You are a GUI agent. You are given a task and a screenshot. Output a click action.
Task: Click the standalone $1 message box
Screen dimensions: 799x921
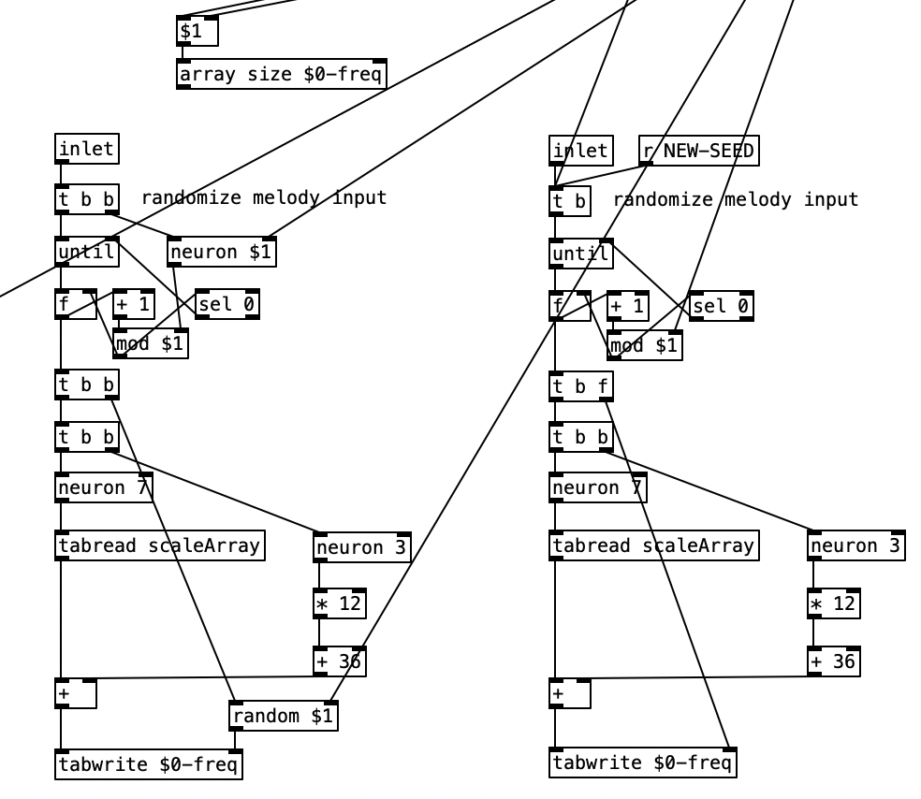(197, 32)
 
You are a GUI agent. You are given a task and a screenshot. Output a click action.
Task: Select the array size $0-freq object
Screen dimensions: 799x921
(282, 74)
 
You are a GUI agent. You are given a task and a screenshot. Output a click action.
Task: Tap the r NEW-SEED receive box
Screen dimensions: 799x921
(698, 151)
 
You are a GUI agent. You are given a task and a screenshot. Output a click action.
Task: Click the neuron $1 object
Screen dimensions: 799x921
(223, 253)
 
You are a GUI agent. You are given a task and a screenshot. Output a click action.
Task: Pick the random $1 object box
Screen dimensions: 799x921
(284, 717)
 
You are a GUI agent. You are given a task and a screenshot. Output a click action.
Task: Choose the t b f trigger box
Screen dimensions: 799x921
(581, 386)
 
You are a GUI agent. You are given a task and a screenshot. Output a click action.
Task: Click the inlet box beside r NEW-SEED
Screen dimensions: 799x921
(581, 151)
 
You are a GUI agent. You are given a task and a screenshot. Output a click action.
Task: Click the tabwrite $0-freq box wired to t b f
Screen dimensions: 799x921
(643, 763)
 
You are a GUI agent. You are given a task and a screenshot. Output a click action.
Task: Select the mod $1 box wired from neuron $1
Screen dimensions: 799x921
(151, 344)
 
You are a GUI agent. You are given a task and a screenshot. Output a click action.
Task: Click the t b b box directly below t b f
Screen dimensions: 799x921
(581, 437)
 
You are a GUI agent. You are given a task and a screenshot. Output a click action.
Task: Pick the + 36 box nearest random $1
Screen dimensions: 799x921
(339, 661)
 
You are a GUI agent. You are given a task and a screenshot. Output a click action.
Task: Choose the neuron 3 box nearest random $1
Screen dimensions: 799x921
(361, 547)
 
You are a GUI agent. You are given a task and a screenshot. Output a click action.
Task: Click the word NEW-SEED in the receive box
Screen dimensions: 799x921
(709, 151)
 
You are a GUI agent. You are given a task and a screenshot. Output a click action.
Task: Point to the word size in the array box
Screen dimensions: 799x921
(268, 74)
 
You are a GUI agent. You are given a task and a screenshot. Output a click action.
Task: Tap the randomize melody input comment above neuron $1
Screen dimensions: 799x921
(263, 198)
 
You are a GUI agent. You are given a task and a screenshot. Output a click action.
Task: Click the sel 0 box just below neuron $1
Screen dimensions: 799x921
(227, 304)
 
